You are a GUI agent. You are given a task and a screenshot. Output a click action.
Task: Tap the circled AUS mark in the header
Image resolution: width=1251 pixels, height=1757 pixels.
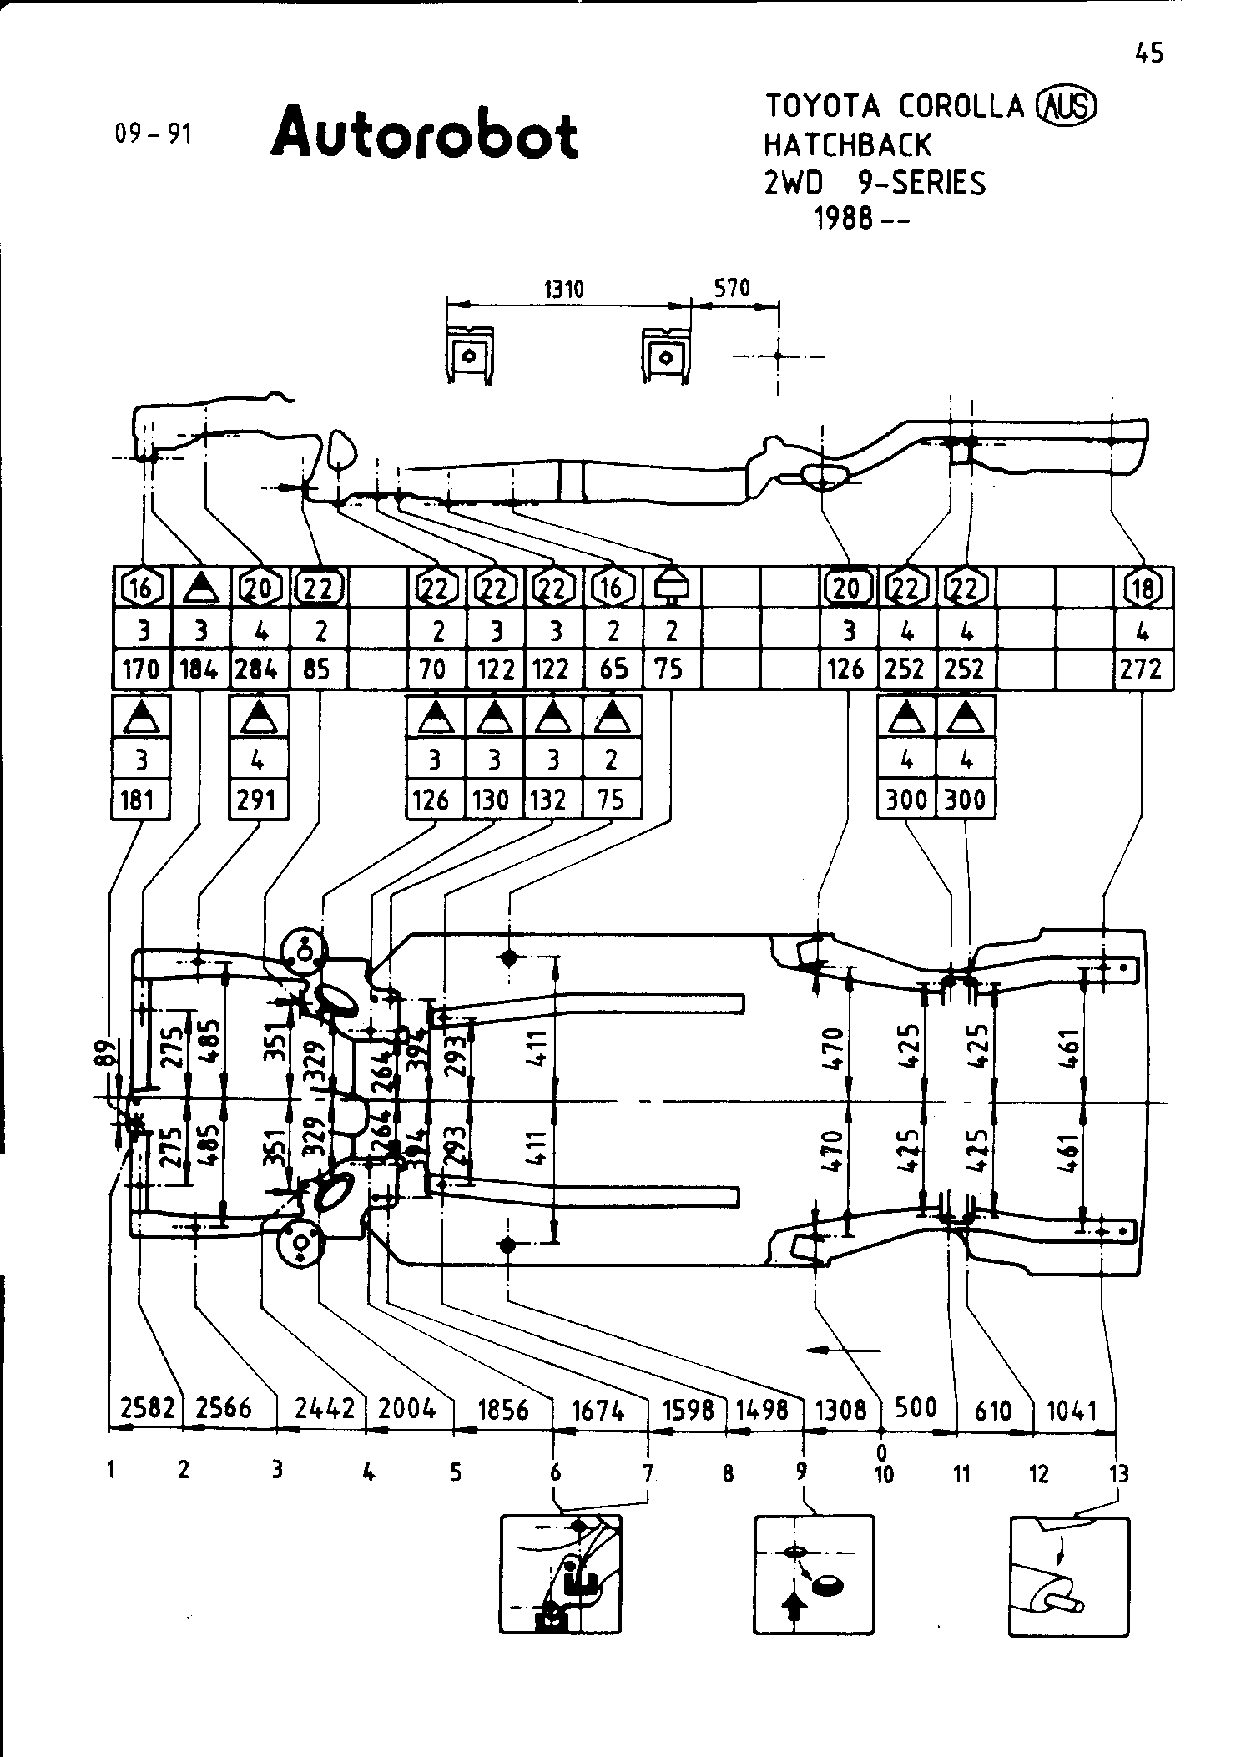(1066, 106)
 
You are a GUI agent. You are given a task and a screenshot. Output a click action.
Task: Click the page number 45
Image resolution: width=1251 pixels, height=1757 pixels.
(1148, 53)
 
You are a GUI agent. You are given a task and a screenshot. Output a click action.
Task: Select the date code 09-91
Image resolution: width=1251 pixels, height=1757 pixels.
(154, 134)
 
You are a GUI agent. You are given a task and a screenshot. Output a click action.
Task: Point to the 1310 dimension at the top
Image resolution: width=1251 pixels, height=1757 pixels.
(564, 290)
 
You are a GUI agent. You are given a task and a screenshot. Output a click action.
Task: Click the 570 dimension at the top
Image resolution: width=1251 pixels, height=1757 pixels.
(732, 288)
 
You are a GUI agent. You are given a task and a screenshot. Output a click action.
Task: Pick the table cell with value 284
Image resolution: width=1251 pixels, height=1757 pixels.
(258, 669)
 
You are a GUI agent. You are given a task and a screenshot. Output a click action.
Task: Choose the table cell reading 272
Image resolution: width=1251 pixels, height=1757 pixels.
(1142, 669)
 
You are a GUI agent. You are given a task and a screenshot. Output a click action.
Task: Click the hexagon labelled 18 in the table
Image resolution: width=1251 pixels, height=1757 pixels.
(1143, 588)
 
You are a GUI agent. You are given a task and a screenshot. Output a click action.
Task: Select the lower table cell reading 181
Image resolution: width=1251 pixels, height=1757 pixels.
(139, 800)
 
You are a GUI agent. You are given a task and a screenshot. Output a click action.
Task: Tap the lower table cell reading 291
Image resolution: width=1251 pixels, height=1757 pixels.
(257, 800)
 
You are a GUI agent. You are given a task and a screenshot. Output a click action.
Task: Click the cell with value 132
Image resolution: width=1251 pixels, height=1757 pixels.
(551, 800)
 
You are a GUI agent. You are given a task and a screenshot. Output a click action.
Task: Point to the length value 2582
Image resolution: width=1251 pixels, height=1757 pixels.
(147, 1408)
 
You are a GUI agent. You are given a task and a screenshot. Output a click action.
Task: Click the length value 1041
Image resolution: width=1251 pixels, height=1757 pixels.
(1071, 1410)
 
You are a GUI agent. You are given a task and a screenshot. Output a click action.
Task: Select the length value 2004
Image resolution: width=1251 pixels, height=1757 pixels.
(407, 1408)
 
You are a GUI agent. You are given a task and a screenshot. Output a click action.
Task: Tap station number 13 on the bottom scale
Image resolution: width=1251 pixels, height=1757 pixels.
(1118, 1474)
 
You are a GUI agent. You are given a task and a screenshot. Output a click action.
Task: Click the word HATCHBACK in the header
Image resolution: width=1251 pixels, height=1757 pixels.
(846, 144)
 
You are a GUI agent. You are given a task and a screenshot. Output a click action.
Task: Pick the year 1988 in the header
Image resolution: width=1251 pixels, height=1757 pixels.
(843, 219)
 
